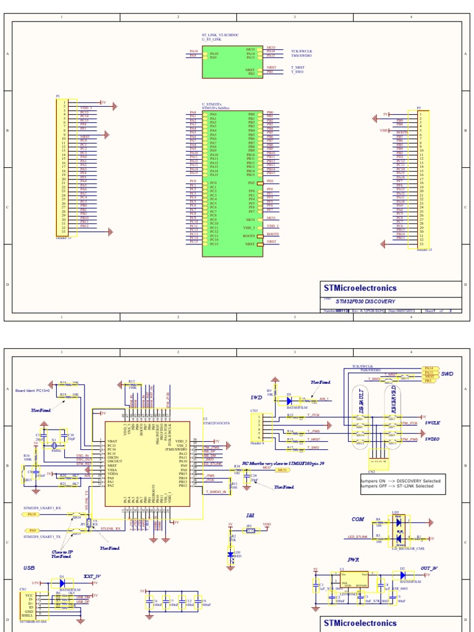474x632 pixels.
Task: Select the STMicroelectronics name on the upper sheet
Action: pos(360,288)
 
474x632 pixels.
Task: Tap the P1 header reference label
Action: pos(58,96)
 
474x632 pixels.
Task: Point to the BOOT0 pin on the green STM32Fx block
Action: pos(249,236)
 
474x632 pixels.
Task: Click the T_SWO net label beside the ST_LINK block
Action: pos(297,72)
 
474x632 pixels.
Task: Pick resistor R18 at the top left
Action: pos(64,383)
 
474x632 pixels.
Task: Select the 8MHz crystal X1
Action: pos(54,445)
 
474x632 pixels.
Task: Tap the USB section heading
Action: pos(30,567)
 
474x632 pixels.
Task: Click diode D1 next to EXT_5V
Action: pos(62,582)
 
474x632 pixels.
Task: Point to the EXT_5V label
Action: pos(92,576)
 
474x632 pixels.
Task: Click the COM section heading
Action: pos(358,519)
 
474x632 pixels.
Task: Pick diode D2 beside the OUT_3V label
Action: pos(402,574)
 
